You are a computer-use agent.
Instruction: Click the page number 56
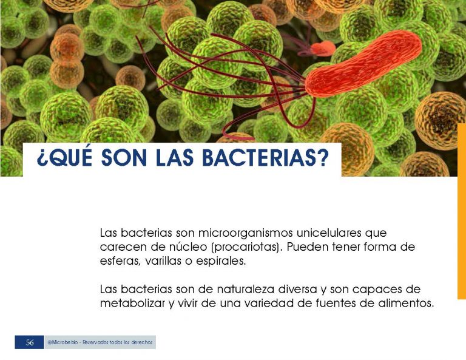(x=30, y=342)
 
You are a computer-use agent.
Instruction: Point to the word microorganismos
(x=245, y=233)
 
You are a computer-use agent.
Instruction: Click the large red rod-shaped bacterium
(x=363, y=64)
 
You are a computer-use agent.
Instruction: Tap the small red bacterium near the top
(x=323, y=49)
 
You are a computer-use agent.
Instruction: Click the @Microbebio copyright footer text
(x=100, y=342)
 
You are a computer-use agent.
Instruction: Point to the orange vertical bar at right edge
(x=462, y=211)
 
